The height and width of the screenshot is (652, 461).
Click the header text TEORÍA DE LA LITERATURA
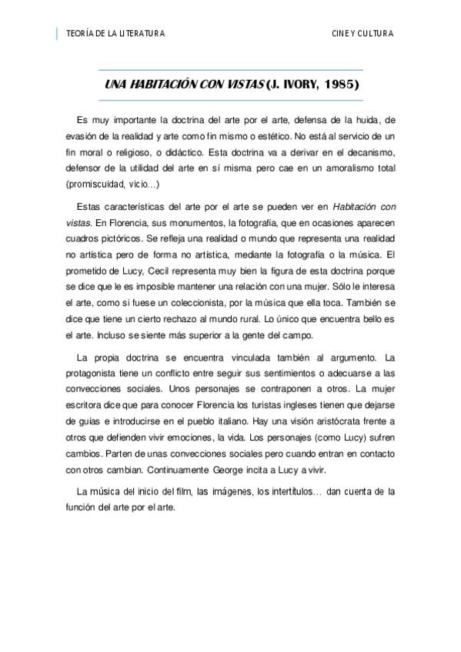tap(116, 34)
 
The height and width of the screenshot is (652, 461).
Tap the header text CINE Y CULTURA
tap(362, 34)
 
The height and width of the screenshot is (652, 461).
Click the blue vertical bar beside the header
tap(57, 34)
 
